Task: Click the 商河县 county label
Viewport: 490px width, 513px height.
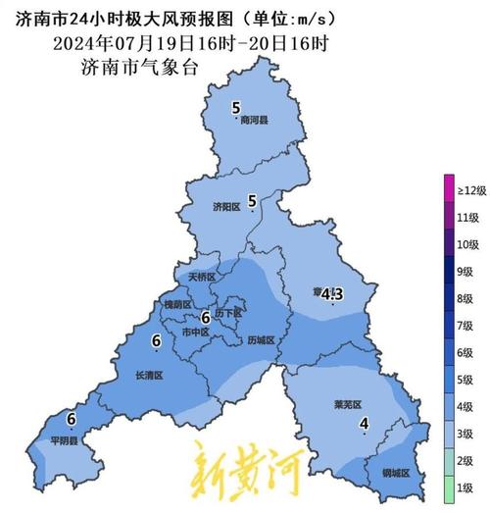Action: [254, 122]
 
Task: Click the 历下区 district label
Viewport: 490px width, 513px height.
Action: [227, 313]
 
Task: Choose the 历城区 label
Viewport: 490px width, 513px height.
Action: [262, 339]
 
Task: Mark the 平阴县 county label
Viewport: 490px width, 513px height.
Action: [65, 441]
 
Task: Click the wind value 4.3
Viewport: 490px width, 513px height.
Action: [332, 293]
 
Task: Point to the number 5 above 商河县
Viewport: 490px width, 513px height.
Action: [235, 108]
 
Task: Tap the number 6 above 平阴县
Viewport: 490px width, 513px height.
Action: [71, 419]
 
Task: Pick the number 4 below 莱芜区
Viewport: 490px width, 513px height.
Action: [364, 424]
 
